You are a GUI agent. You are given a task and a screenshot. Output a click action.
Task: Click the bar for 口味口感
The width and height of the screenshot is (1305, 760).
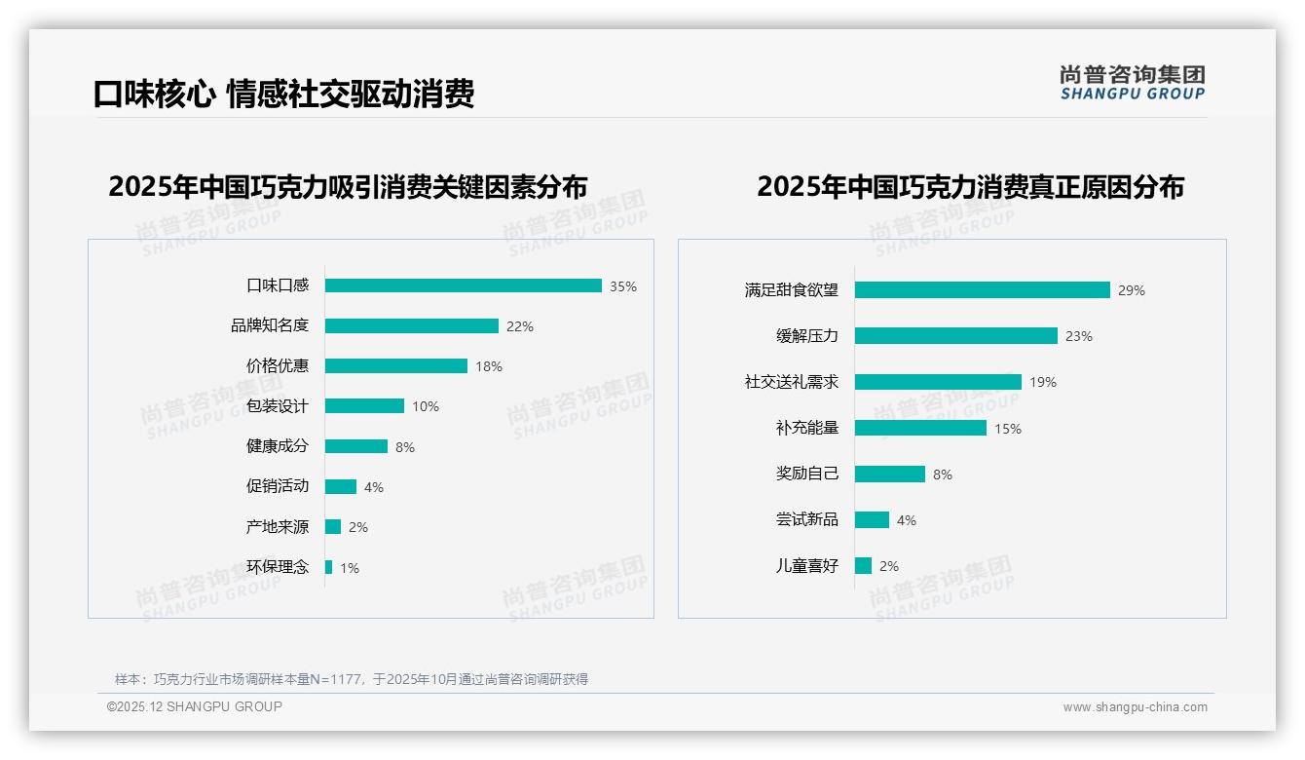[464, 285]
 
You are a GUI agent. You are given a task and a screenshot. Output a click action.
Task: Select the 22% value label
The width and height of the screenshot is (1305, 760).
[520, 326]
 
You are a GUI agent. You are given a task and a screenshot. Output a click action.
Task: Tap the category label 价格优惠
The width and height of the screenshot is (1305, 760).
[278, 366]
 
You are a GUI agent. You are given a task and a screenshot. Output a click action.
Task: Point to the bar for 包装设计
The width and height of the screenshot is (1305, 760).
[364, 406]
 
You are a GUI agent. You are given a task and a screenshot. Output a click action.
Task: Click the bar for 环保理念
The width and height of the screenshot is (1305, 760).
[329, 567]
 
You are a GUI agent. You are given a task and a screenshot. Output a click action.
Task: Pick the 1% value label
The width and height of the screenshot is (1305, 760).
[350, 568]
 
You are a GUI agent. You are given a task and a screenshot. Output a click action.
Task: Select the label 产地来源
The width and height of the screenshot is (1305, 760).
[278, 527]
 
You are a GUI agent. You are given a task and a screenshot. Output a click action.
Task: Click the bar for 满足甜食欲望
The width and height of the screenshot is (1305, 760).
[983, 289]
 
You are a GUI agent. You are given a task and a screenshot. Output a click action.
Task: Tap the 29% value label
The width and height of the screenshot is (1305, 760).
[1132, 290]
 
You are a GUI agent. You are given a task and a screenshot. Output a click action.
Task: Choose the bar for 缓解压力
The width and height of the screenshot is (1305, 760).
[956, 335]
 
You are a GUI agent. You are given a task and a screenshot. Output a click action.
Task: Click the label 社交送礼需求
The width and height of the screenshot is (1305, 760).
[792, 382]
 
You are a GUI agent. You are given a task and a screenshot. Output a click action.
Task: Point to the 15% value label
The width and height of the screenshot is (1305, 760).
[1008, 429]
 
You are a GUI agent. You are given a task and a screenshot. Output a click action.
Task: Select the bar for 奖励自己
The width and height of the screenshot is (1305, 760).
[890, 474]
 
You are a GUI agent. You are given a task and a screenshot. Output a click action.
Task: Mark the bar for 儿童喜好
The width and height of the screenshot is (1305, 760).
[864, 565]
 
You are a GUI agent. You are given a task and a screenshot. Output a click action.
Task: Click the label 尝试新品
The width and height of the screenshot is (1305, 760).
[807, 519]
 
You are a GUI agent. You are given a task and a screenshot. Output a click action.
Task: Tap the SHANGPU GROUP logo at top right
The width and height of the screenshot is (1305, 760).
[1133, 83]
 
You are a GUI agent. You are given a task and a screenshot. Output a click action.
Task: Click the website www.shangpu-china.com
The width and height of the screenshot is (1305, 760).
[1135, 707]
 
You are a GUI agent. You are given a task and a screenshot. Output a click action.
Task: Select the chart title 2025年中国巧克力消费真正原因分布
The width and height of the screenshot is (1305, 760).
[970, 187]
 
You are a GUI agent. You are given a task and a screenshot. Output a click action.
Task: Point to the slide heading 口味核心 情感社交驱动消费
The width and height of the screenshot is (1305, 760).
[283, 95]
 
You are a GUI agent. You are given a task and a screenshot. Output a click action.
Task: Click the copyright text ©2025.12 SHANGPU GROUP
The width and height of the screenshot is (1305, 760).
[195, 706]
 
